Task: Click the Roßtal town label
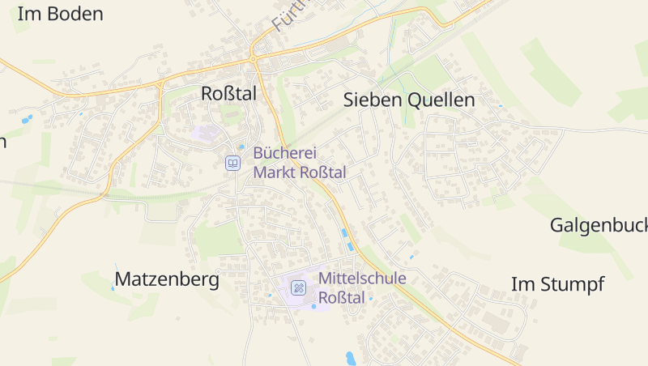(x=228, y=94)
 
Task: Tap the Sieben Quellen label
(x=409, y=100)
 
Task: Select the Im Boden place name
(x=60, y=14)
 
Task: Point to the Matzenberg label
(x=167, y=280)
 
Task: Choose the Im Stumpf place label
(x=557, y=284)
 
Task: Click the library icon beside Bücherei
(x=233, y=164)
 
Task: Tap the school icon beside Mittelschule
(x=299, y=287)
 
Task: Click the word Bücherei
(x=284, y=153)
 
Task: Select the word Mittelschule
(x=362, y=279)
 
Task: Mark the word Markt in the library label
(x=275, y=172)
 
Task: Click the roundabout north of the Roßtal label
(x=253, y=58)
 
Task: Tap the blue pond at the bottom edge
(x=351, y=357)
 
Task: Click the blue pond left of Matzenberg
(x=113, y=286)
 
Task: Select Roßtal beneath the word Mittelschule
(x=342, y=298)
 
